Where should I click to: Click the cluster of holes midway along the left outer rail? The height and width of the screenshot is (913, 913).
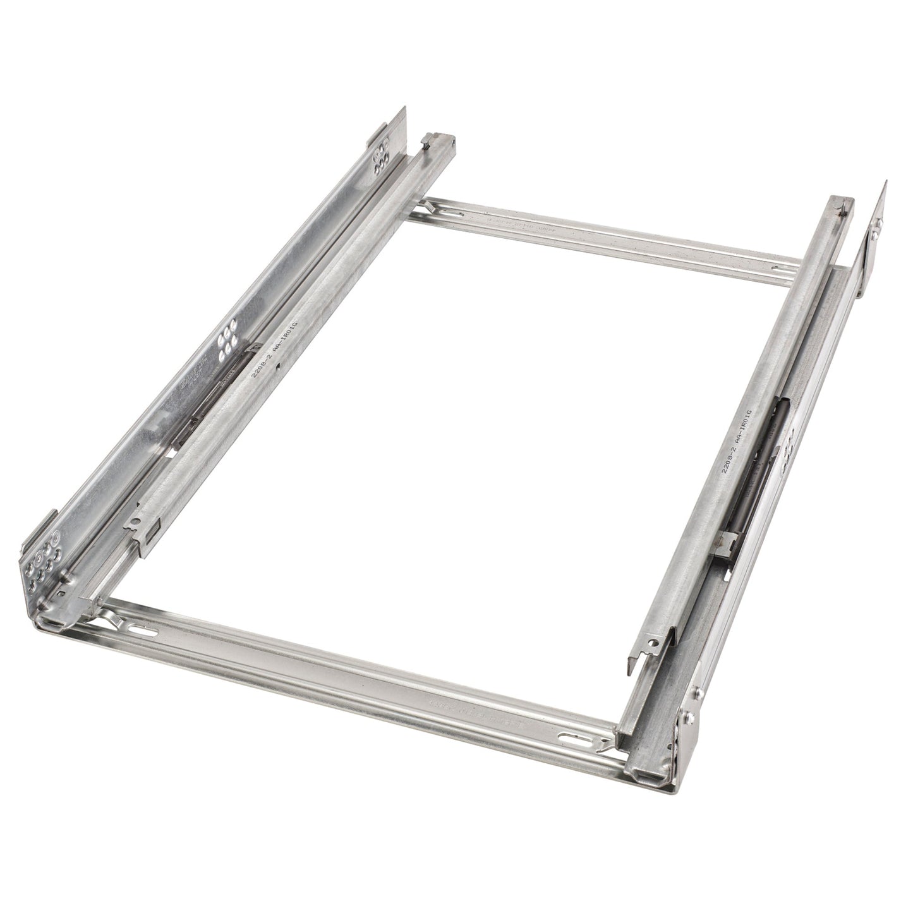226,345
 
